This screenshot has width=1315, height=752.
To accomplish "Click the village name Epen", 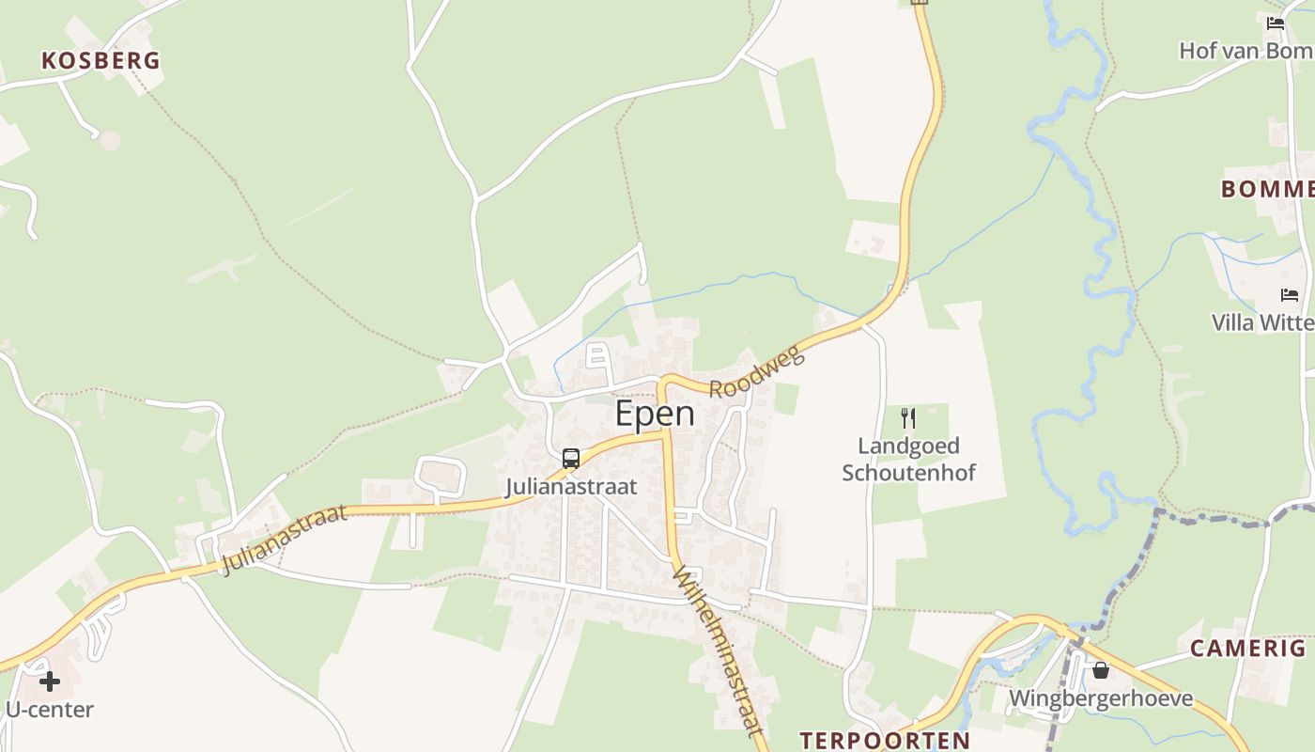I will pyautogui.click(x=655, y=414).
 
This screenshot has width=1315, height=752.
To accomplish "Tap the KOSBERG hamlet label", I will pyautogui.click(x=101, y=61).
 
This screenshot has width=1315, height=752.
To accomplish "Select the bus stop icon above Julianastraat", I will pyautogui.click(x=571, y=459).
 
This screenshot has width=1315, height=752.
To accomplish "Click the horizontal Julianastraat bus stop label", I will pyautogui.click(x=571, y=487).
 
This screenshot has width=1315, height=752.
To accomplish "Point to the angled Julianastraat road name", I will pyautogui.click(x=285, y=540).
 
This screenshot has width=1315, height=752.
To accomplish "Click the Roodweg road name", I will pyautogui.click(x=757, y=372).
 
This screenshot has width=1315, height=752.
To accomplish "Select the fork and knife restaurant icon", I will pyautogui.click(x=908, y=418).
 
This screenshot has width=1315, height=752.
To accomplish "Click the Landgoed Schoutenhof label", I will pyautogui.click(x=908, y=459).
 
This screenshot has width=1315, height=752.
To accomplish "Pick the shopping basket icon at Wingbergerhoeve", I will pyautogui.click(x=1100, y=670).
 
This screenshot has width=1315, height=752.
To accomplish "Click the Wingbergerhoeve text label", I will pyautogui.click(x=1100, y=698).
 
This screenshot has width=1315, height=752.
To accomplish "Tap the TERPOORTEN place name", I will pyautogui.click(x=884, y=740).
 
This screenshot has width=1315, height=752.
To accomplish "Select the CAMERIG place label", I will pyautogui.click(x=1247, y=648).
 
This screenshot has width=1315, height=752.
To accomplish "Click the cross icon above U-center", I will pyautogui.click(x=50, y=681).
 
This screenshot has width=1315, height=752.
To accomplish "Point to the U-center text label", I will pyautogui.click(x=50, y=710).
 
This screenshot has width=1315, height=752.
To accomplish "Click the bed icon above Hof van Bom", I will pyautogui.click(x=1275, y=23).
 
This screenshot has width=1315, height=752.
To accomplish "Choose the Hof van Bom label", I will pyautogui.click(x=1245, y=51).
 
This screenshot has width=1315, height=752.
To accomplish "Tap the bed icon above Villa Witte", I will pyautogui.click(x=1290, y=295).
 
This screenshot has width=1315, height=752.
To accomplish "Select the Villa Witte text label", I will pyautogui.click(x=1262, y=322).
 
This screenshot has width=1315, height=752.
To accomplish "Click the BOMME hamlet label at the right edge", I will pyautogui.click(x=1267, y=189).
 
